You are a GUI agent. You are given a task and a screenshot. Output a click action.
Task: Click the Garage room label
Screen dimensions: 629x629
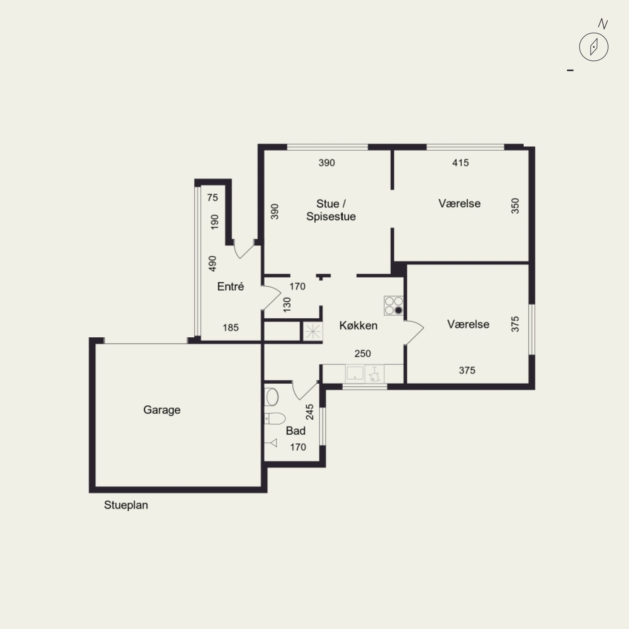coord(162,410)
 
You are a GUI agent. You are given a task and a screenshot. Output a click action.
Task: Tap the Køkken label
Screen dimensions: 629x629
coord(358,326)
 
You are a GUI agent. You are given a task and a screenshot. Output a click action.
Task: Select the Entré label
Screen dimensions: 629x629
coord(230,286)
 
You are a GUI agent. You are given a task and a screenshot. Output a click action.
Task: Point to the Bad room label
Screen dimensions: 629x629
coord(295,431)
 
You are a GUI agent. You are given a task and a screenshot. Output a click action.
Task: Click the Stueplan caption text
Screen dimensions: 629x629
coord(126,505)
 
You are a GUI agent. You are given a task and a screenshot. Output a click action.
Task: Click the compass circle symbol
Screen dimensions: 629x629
coord(594,47)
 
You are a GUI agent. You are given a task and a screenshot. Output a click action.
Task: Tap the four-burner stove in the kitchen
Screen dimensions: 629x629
coord(394,306)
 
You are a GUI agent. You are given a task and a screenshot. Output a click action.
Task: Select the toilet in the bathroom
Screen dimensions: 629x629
coord(275,418)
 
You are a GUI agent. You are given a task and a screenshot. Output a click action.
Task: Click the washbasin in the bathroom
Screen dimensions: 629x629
coord(272,397)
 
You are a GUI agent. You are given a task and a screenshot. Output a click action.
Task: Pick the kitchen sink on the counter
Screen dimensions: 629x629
coord(355,373)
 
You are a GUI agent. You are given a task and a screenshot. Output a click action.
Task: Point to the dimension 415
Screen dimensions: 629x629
coord(460,163)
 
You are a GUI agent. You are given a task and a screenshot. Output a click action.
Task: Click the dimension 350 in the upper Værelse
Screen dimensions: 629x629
coord(515,206)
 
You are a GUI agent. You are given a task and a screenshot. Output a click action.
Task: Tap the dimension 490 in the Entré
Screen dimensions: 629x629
coord(213,264)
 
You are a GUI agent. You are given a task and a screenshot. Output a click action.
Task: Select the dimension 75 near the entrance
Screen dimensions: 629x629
coord(213,197)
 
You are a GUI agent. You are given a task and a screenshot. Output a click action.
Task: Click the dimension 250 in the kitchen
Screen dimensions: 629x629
coord(362,354)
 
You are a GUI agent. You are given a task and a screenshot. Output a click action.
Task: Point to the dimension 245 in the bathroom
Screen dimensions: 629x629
coord(310,412)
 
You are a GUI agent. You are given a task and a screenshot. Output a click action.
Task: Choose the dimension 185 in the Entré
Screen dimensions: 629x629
coord(230,327)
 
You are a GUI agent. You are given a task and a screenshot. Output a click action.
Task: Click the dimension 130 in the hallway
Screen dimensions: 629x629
coord(287,305)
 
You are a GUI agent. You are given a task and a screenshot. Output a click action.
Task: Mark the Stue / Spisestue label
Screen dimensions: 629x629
coord(331,210)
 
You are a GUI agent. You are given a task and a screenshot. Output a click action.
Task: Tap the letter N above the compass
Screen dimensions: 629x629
coord(603,24)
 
